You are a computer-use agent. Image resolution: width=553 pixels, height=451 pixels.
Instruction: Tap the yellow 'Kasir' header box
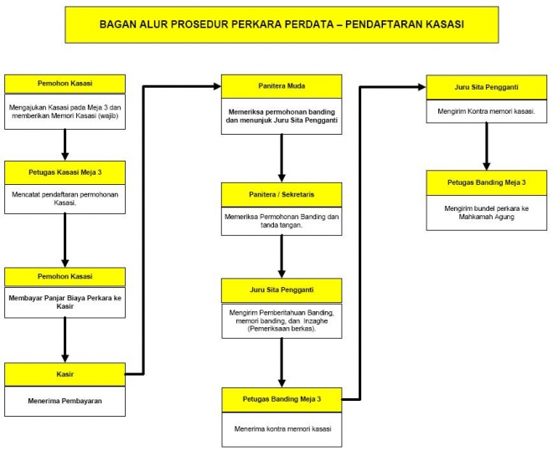[x=65, y=374]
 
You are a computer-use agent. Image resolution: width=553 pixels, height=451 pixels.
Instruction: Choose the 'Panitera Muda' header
[x=281, y=85]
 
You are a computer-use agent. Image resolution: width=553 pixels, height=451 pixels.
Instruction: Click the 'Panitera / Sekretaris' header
[x=281, y=194]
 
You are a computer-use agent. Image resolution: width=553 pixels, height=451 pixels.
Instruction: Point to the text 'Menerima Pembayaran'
[x=65, y=400]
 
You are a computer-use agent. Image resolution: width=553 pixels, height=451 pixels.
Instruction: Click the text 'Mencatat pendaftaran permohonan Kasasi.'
[x=65, y=198]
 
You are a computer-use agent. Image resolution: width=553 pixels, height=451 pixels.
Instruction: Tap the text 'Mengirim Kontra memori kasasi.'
[x=487, y=110]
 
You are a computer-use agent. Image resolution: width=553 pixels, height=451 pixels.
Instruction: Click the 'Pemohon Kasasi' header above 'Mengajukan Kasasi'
[x=65, y=84]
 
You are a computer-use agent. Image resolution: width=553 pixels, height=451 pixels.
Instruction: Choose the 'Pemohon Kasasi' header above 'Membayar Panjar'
[x=65, y=276]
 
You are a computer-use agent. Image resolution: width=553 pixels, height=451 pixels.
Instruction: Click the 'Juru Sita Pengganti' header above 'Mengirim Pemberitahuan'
[x=281, y=290]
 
